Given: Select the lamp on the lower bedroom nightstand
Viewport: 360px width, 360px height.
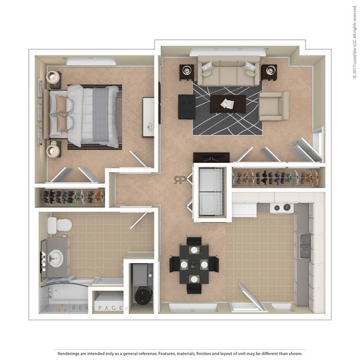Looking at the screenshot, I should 54,148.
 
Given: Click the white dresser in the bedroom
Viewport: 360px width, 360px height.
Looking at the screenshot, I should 148,117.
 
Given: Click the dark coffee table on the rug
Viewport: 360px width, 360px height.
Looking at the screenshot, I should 228,104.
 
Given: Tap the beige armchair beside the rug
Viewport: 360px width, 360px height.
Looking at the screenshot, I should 274,106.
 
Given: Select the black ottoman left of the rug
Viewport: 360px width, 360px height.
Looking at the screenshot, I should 187,106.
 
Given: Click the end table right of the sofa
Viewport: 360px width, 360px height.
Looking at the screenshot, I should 269,71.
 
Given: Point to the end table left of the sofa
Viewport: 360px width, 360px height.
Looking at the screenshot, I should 187,71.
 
